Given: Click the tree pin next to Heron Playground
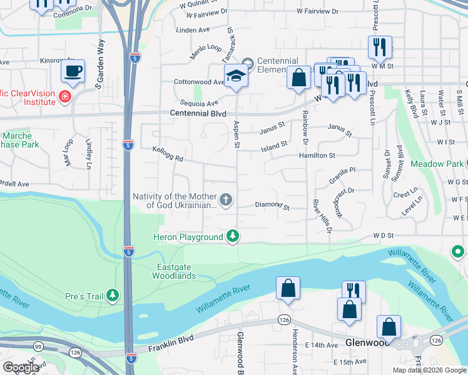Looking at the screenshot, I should (233, 236).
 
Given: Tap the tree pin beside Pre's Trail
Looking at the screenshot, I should (113, 294).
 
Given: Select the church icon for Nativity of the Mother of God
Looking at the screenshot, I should (226, 200).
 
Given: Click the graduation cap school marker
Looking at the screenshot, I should (237, 76).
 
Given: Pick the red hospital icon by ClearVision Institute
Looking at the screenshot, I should (64, 96).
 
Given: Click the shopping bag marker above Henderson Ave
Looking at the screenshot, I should (288, 289).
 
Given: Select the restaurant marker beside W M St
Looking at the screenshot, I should (380, 47).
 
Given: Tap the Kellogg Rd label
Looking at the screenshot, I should (168, 154).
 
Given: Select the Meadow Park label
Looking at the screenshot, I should (436, 164).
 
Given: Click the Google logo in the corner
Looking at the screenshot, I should (21, 367).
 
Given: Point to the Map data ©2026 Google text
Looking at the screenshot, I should (429, 370).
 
